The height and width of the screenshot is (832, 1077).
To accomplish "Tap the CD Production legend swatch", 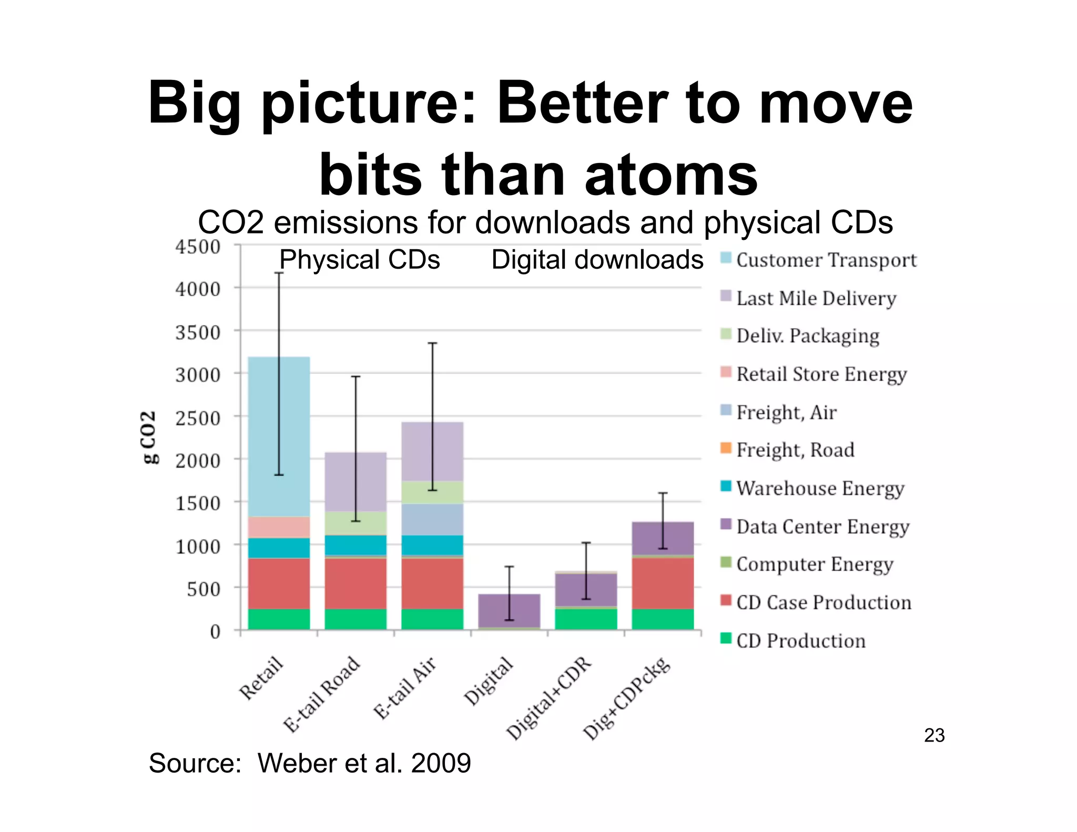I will click(726, 638).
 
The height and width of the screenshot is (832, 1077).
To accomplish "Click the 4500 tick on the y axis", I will click(198, 247).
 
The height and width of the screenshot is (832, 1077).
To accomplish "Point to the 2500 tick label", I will click(198, 418).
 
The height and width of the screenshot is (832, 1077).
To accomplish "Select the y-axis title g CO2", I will click(149, 437).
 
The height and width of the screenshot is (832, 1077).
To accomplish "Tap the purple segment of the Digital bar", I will click(509, 610).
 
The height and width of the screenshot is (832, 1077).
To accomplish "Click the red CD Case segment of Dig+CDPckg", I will click(663, 583).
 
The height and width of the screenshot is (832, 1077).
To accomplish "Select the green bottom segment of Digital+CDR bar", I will click(586, 619).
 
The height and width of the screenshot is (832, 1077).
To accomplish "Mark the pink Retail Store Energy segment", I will click(279, 526).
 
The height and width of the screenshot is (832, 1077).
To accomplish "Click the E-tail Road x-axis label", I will click(322, 694).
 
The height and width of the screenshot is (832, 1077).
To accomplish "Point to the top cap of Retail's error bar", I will click(279, 272).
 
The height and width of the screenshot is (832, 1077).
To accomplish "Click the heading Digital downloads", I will click(597, 260).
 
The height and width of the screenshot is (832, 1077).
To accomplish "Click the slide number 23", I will click(934, 735).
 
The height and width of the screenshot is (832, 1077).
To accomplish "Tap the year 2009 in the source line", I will click(441, 763).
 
